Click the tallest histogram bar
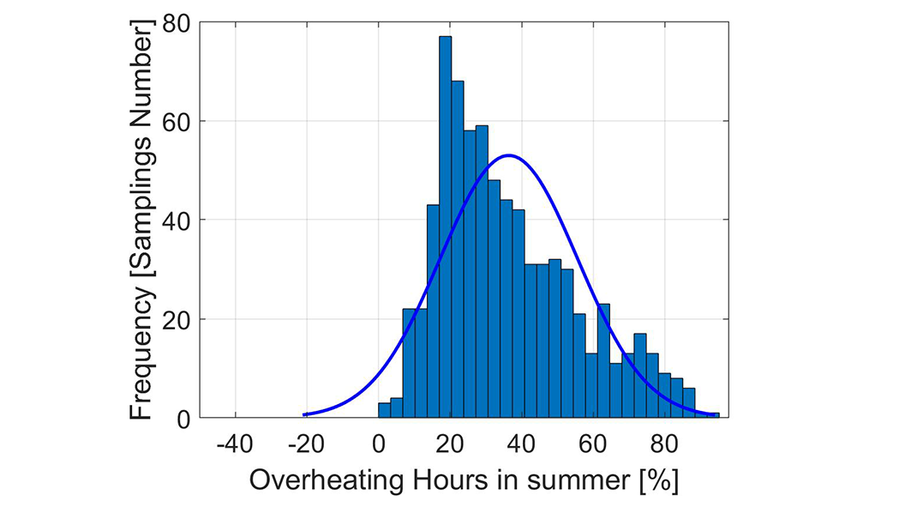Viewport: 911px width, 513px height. [x=445, y=227]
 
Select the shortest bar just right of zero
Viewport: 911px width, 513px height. [x=384, y=411]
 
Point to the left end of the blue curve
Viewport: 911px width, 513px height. [x=305, y=414]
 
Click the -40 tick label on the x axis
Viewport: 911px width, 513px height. [x=235, y=444]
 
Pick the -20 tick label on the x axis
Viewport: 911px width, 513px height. [x=306, y=444]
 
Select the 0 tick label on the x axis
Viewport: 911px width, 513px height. [x=379, y=444]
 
